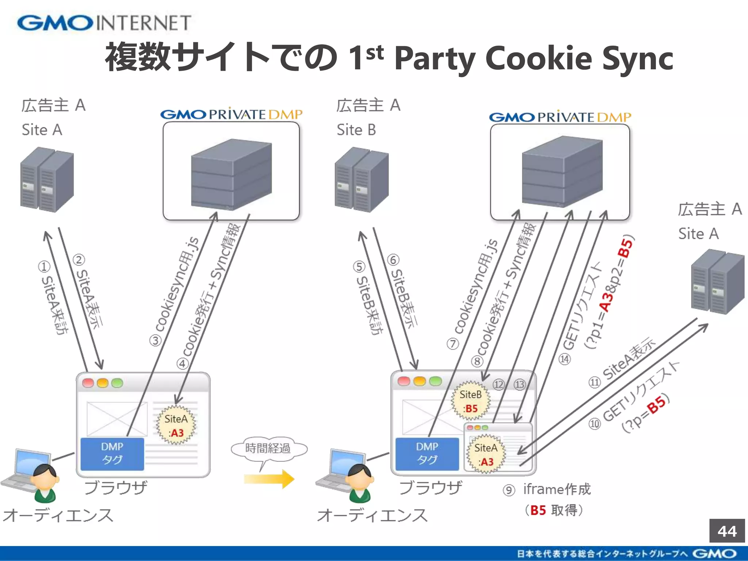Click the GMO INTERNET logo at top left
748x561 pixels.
tap(104, 23)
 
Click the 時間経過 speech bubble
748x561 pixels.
tap(268, 449)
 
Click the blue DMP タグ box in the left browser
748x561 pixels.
tap(112, 454)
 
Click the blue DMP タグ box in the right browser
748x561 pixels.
tap(427, 454)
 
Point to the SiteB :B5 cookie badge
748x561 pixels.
tap(470, 401)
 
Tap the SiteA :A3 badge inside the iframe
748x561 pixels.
tap(486, 454)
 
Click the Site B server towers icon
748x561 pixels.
tap(362, 180)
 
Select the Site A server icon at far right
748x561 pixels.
tap(717, 282)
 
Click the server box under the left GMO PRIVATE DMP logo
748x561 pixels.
tap(231, 175)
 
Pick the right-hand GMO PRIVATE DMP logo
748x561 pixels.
tap(560, 117)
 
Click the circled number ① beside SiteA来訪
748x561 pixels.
tap(44, 267)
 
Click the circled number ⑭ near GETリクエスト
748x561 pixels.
tap(565, 359)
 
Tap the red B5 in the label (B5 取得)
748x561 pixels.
tap(538, 510)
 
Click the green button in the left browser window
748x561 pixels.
tap(117, 383)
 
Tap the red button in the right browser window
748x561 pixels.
tap(404, 381)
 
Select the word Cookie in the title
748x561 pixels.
tap(539, 58)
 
